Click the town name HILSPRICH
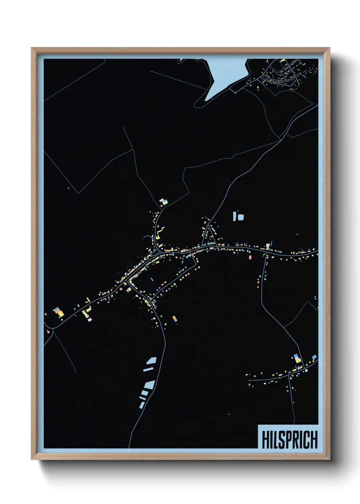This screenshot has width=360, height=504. pyautogui.click(x=290, y=439)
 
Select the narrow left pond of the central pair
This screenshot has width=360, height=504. pyautogui.click(x=234, y=216)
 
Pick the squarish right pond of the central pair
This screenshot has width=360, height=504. pyautogui.click(x=241, y=217)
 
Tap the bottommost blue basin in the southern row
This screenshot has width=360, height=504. pyautogui.click(x=142, y=405)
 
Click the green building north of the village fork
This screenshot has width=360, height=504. pyautogui.click(x=165, y=203)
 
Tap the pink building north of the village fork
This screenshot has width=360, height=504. pyautogui.click(x=162, y=200)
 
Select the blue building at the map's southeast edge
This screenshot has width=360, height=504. pyautogui.click(x=314, y=357)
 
